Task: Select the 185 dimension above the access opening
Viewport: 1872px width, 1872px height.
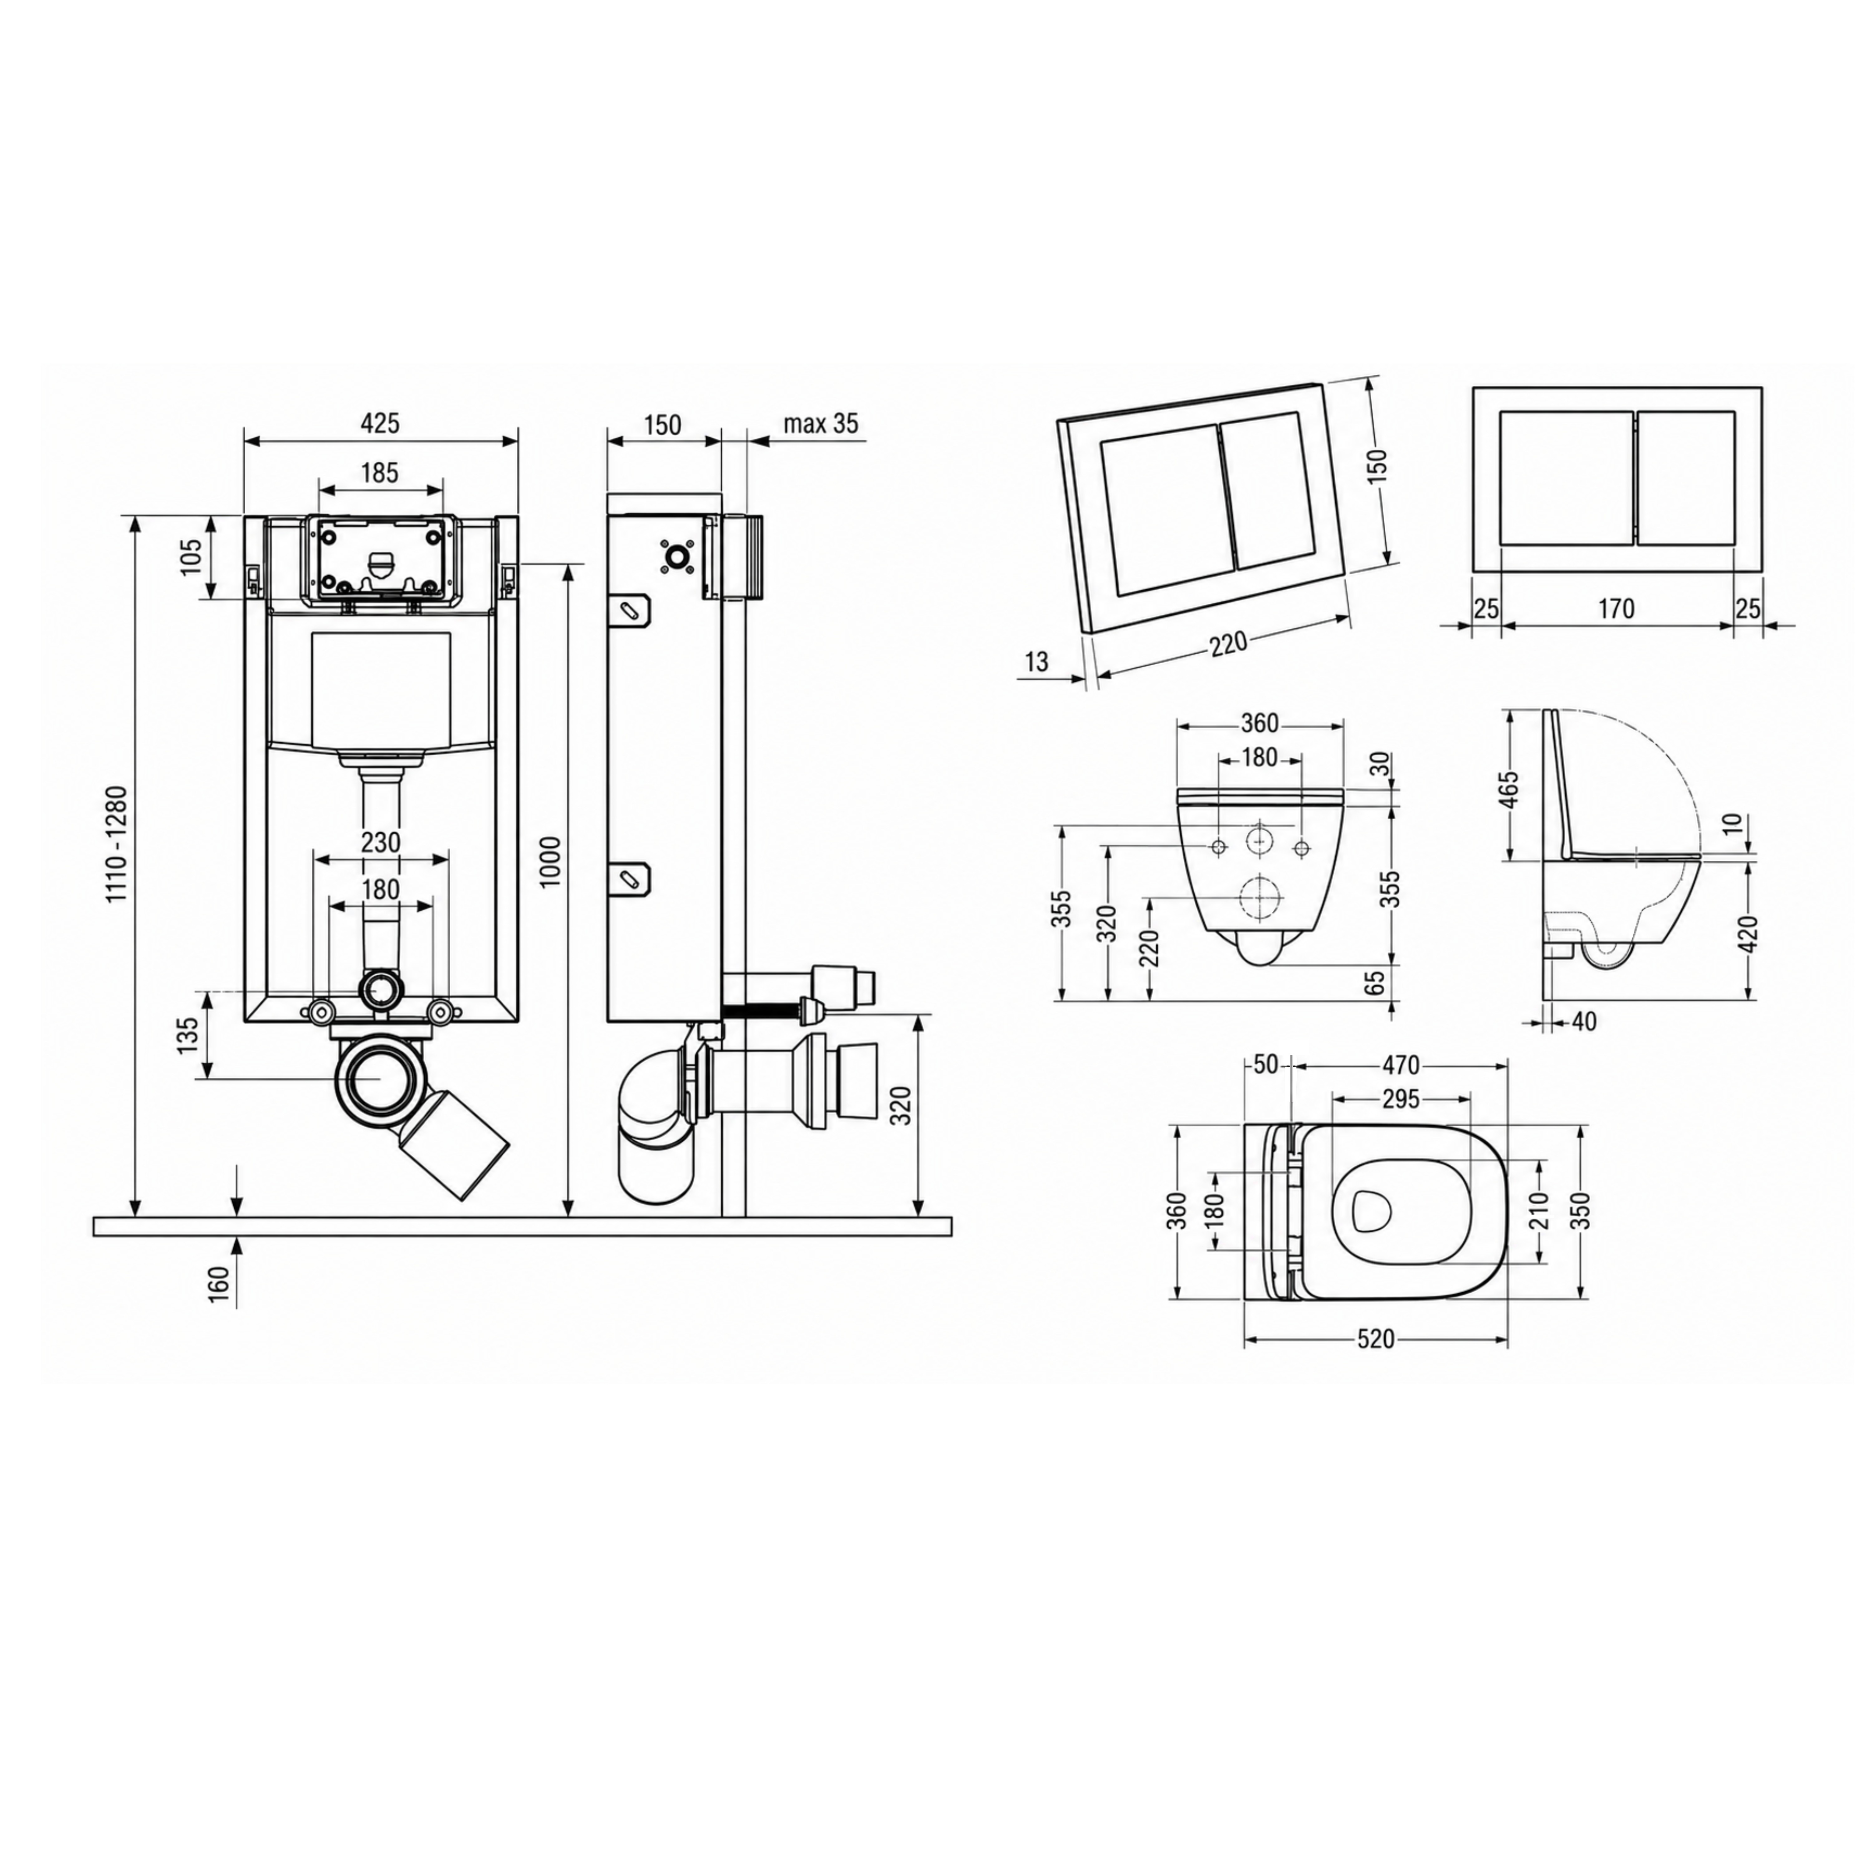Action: (380, 473)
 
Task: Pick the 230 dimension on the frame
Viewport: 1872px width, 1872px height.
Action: (380, 842)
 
